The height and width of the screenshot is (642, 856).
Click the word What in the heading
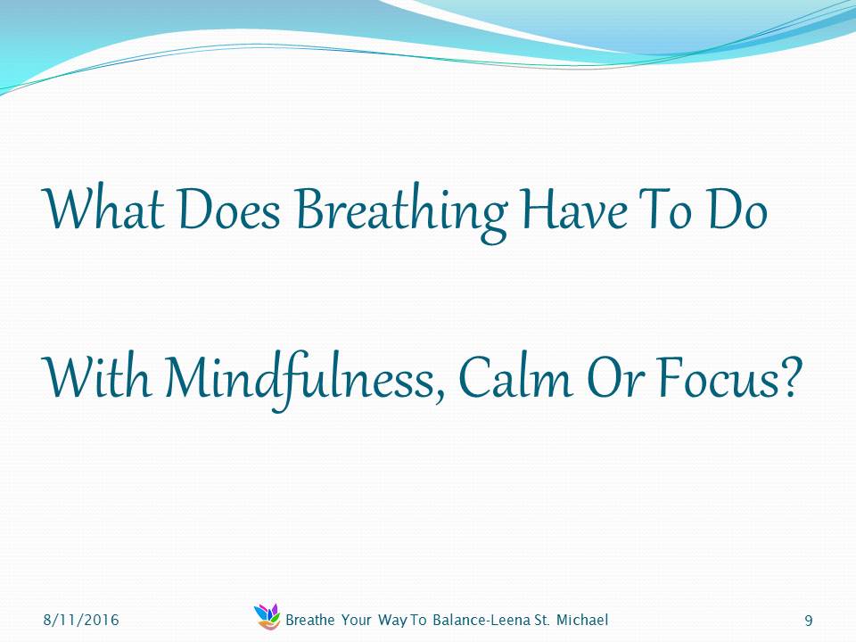[103, 209]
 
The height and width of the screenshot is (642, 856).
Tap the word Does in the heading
[229, 209]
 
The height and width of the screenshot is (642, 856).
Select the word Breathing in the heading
[402, 213]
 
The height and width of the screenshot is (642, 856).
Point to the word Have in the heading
[573, 209]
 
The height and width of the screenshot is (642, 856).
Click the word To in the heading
[667, 209]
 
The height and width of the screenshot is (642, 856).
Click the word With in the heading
[96, 376]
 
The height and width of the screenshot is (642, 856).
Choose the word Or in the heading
[616, 376]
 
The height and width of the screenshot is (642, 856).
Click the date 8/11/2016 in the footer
[81, 620]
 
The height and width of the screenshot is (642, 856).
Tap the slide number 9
[809, 621]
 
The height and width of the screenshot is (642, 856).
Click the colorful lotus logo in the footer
[267, 616]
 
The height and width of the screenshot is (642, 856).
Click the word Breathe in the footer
[310, 620]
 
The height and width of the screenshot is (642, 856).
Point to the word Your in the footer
[357, 620]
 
